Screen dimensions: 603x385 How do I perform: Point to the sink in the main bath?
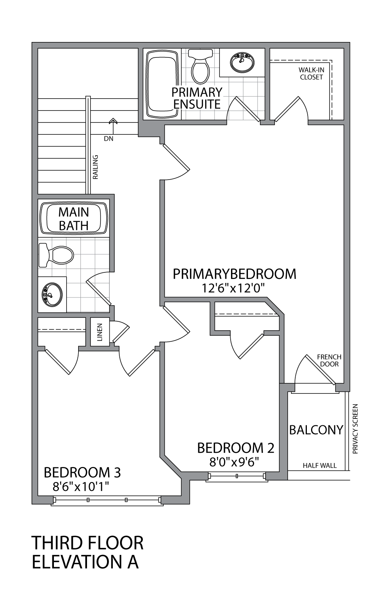tap(52, 294)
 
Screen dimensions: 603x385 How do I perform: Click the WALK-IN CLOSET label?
tap(311, 74)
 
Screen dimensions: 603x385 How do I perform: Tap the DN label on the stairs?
tap(109, 139)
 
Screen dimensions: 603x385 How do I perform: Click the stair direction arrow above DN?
tap(113, 122)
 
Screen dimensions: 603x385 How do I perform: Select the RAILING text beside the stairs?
tap(96, 167)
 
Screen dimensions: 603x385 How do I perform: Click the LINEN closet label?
tap(100, 332)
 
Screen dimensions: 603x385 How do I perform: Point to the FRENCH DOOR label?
tap(329, 360)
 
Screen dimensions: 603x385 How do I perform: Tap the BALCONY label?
tap(316, 430)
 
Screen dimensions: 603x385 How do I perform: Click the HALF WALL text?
tap(320, 465)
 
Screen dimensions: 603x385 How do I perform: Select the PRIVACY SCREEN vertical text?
tap(355, 428)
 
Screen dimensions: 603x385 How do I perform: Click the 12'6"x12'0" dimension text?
tap(234, 288)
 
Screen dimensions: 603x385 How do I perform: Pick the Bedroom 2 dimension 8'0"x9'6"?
tap(234, 461)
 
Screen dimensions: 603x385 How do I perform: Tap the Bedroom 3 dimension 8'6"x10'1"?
tap(81, 486)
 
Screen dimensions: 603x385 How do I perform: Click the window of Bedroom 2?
tap(237, 477)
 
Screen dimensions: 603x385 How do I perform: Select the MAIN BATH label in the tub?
tap(74, 218)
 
